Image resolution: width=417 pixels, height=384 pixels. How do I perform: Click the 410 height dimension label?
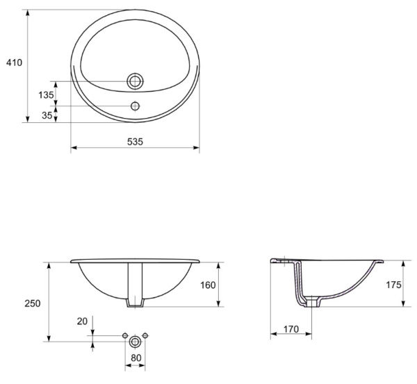coord(15,63)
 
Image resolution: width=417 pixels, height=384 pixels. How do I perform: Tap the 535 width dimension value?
coord(135,142)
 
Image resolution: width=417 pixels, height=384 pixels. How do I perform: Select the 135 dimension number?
coord(46,95)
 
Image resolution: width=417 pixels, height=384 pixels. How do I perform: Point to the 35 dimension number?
coord(47,115)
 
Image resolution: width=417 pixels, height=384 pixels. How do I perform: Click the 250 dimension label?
coord(33,303)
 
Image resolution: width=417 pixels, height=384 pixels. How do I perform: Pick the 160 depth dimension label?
coord(208,285)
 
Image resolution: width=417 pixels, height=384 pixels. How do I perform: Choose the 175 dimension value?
coord(393,285)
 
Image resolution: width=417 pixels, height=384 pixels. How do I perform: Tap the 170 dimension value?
coord(291,329)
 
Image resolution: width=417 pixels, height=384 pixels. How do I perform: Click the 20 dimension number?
coord(82,322)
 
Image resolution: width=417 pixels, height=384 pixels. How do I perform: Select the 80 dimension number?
coord(136,358)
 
